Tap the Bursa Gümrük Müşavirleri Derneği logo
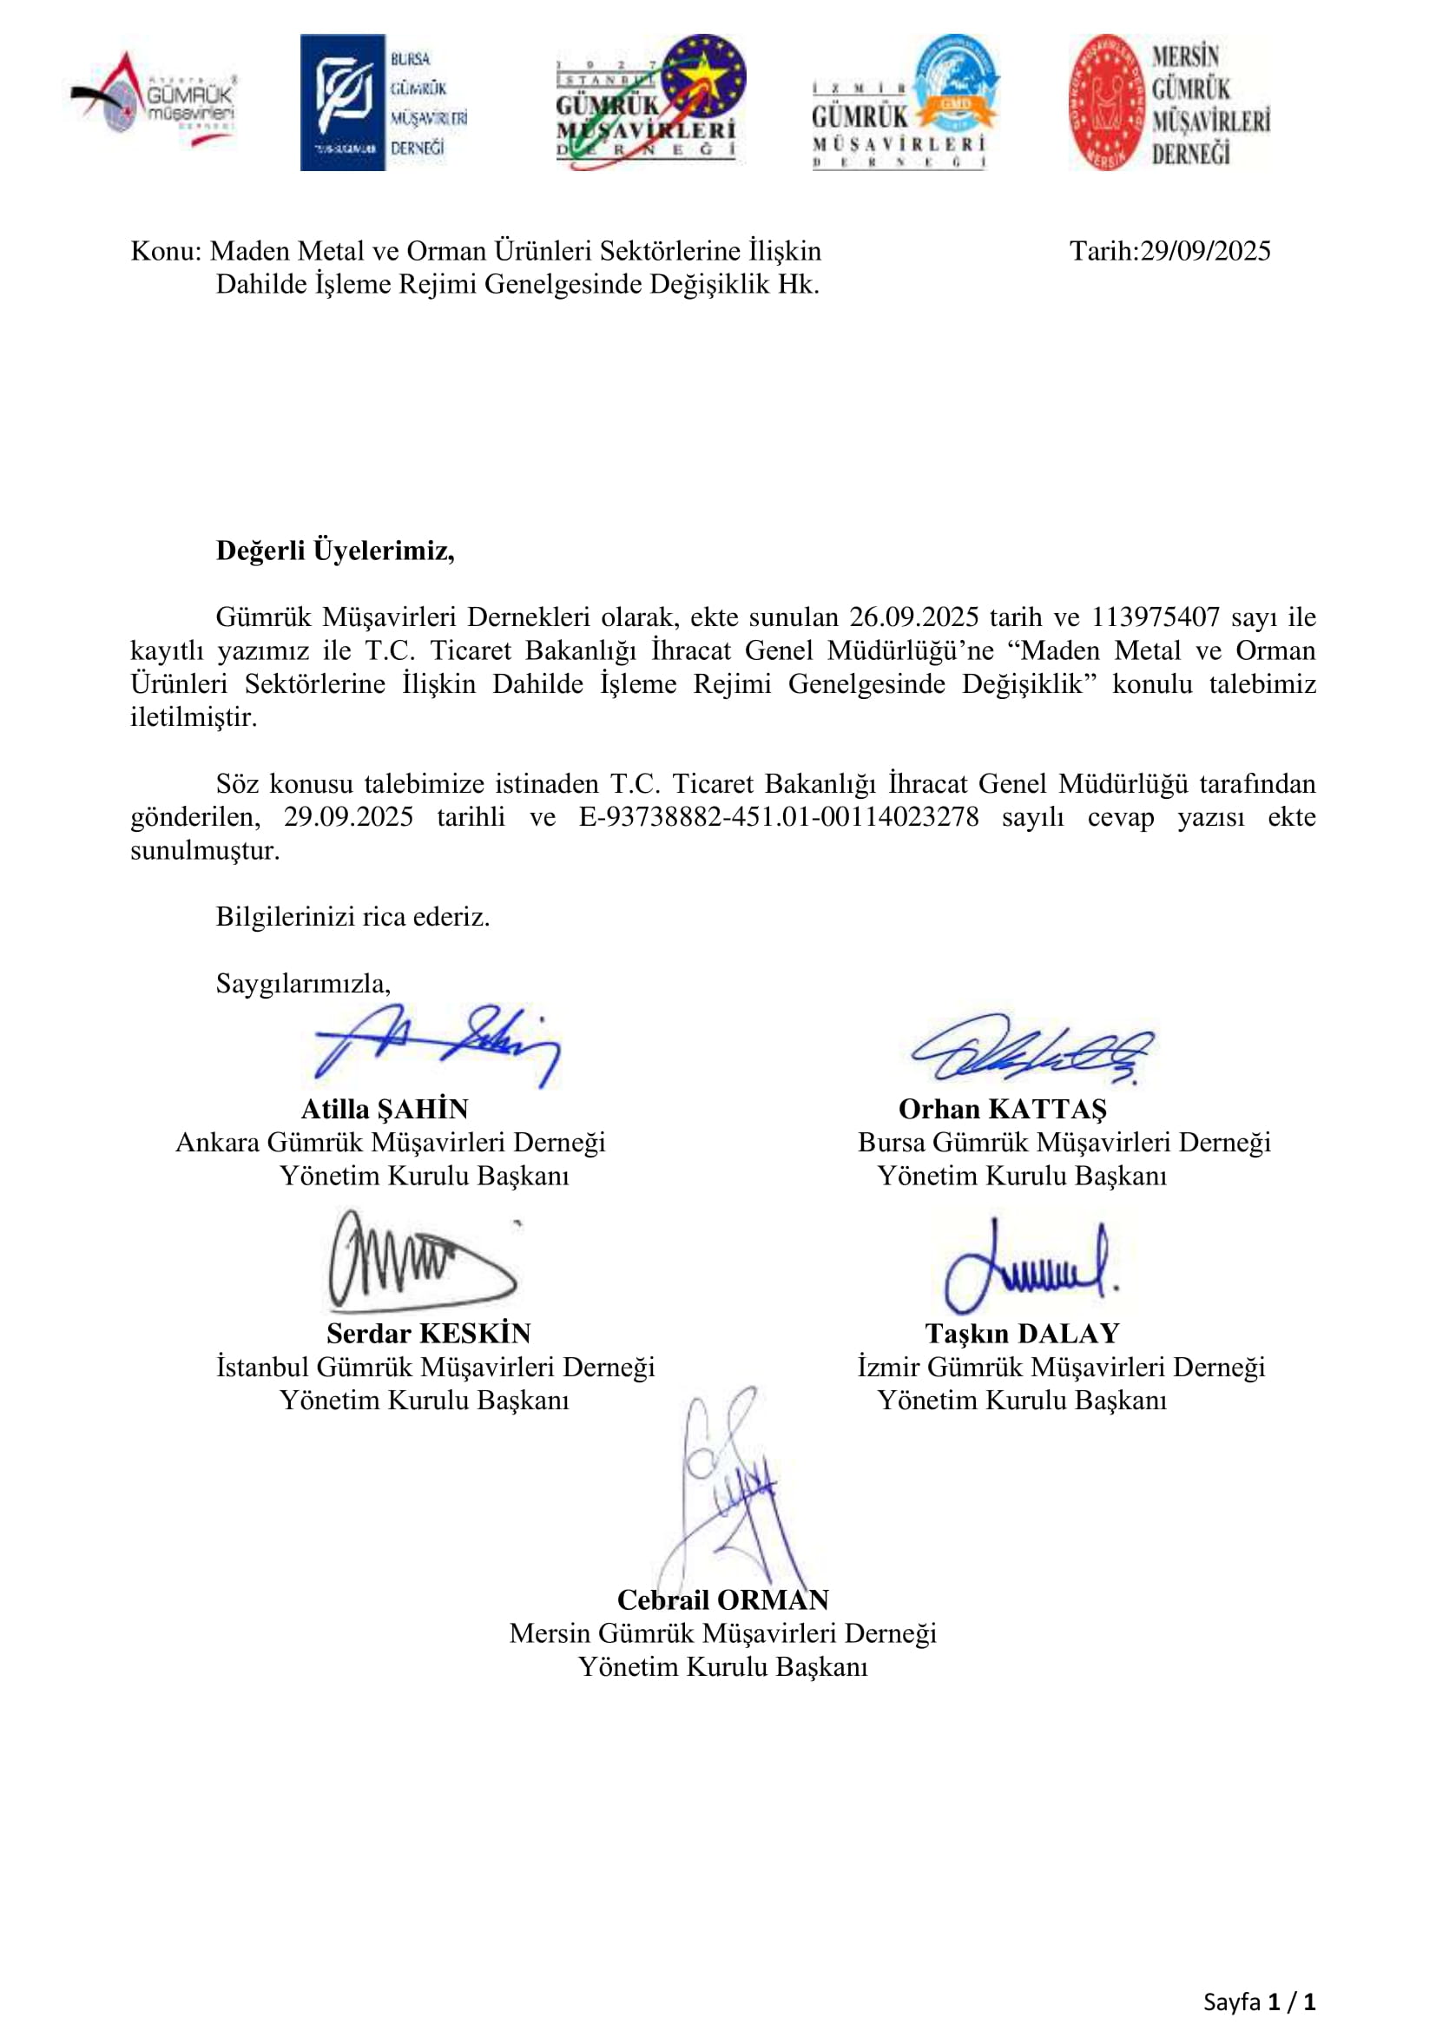(x=384, y=102)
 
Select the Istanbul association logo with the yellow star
(x=650, y=102)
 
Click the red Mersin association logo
(x=1168, y=102)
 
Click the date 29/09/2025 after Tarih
(x=1204, y=251)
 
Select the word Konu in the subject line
(x=164, y=251)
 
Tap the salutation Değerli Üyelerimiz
(x=335, y=551)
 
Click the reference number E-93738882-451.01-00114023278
(x=778, y=816)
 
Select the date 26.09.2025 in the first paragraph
(x=913, y=617)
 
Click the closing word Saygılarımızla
(x=302, y=983)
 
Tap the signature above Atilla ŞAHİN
(x=437, y=1045)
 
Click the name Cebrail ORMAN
(x=722, y=1599)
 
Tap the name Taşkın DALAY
(x=1022, y=1333)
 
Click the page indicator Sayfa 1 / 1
(x=1259, y=2001)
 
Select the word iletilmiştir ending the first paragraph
(x=194, y=716)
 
